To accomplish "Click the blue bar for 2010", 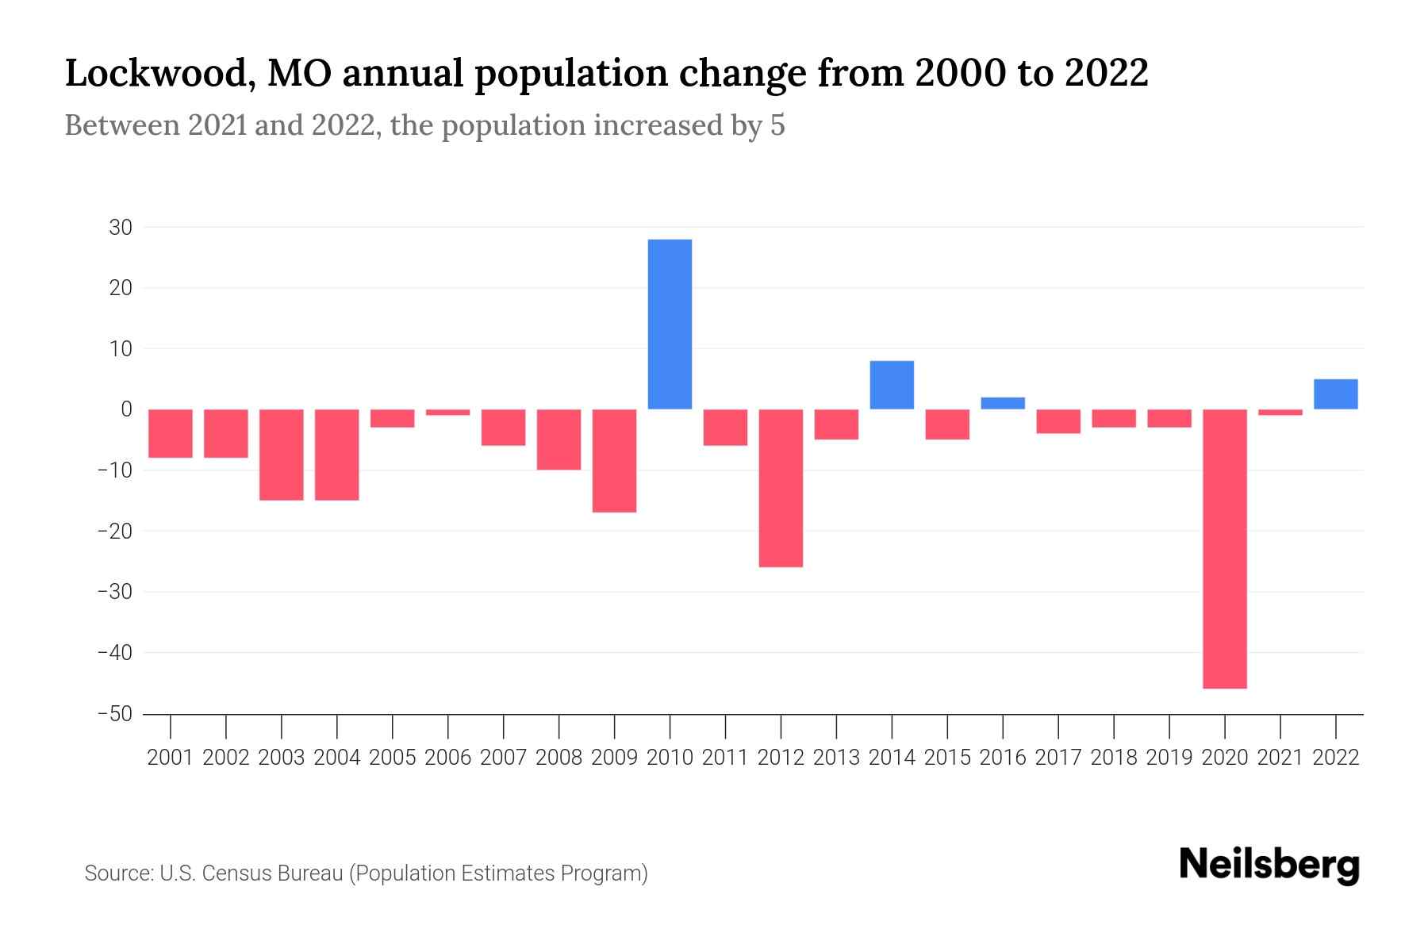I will [670, 324].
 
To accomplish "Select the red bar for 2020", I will [1224, 548].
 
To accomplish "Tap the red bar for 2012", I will [781, 488].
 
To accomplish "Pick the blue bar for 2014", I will [892, 385].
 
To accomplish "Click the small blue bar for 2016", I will [1003, 403].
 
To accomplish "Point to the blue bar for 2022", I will [1335, 394].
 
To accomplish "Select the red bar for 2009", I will [614, 460].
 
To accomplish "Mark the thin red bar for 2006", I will [448, 412].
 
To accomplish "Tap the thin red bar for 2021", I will [1280, 412].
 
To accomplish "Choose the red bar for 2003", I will [282, 455].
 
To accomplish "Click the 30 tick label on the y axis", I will [121, 228].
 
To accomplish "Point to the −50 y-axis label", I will [114, 714].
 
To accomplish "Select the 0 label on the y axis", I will [126, 409].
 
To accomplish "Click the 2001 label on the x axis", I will [171, 758].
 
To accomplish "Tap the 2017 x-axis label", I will [1058, 758].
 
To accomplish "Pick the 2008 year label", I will [559, 758].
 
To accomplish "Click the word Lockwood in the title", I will [159, 73].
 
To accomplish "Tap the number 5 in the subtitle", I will [777, 125].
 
